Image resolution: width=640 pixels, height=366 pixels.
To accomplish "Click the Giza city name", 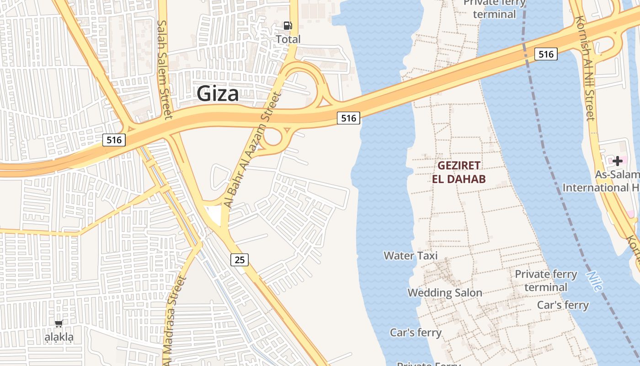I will tap(218, 94).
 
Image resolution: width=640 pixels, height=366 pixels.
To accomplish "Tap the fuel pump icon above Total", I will tap(288, 26).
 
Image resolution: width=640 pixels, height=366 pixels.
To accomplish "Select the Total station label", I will tap(288, 39).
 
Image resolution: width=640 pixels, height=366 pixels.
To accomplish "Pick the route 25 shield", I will tap(240, 260).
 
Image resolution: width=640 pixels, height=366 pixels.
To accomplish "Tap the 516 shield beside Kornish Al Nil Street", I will tap(546, 54).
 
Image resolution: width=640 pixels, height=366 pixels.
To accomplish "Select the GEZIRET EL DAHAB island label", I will tap(459, 172).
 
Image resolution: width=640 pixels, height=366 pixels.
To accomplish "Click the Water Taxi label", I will tap(411, 255).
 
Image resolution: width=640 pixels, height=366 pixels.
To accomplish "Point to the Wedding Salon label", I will tap(444, 292).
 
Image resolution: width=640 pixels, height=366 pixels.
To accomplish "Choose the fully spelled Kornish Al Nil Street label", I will tap(585, 69).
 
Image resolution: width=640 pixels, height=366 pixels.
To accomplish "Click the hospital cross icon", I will tap(618, 161).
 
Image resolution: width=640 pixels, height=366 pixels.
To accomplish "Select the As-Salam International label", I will tap(601, 181).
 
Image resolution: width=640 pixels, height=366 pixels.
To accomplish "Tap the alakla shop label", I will tap(59, 338).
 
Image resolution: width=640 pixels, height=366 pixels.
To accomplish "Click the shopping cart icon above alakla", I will tap(59, 324).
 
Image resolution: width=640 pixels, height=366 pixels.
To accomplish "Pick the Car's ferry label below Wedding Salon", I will tap(416, 332).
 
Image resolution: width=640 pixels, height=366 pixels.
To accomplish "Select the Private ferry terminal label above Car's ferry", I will tap(545, 280).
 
